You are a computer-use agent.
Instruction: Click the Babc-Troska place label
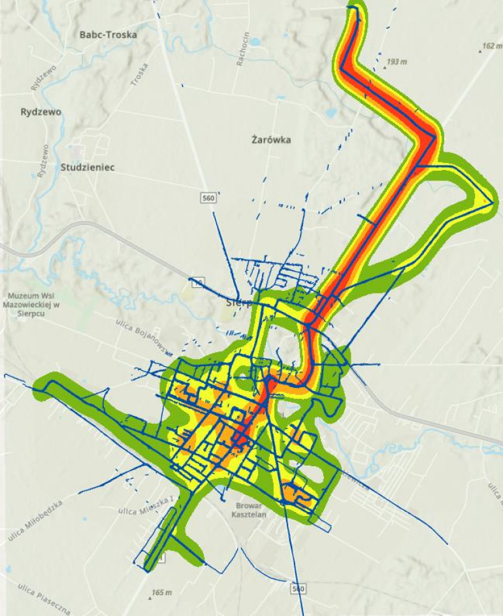pyautogui.click(x=108, y=35)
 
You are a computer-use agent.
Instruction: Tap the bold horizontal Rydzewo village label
pyautogui.click(x=41, y=112)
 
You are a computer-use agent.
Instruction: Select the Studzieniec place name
pyautogui.click(x=88, y=167)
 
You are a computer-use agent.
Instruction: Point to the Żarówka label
pyautogui.click(x=271, y=140)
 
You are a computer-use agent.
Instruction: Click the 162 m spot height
pyautogui.click(x=489, y=46)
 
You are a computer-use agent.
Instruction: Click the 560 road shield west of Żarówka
pyautogui.click(x=208, y=196)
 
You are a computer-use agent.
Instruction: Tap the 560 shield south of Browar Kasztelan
pyautogui.click(x=298, y=589)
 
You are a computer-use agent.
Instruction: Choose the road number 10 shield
pyautogui.click(x=197, y=282)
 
